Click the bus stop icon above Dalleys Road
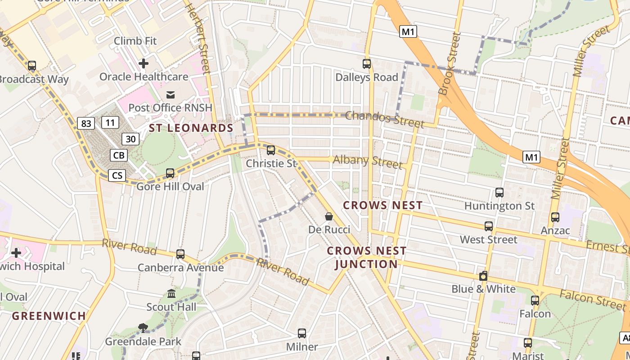pos(367,64)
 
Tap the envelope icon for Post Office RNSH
pos(171,94)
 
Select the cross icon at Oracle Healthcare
pos(144,63)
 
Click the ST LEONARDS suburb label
pos(191,128)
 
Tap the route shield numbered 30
pos(130,139)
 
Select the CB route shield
pos(119,155)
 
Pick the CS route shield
pos(117,175)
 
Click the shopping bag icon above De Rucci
pos(329,216)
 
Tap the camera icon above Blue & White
pos(483,276)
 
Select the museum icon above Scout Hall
pos(171,294)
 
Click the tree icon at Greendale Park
pos(143,328)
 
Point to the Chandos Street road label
pos(384,119)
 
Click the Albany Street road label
pos(367,162)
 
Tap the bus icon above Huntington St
pos(499,193)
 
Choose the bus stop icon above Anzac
pos(555,217)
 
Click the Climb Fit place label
pos(135,41)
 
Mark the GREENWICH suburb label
pos(49,316)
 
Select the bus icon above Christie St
pos(271,150)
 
